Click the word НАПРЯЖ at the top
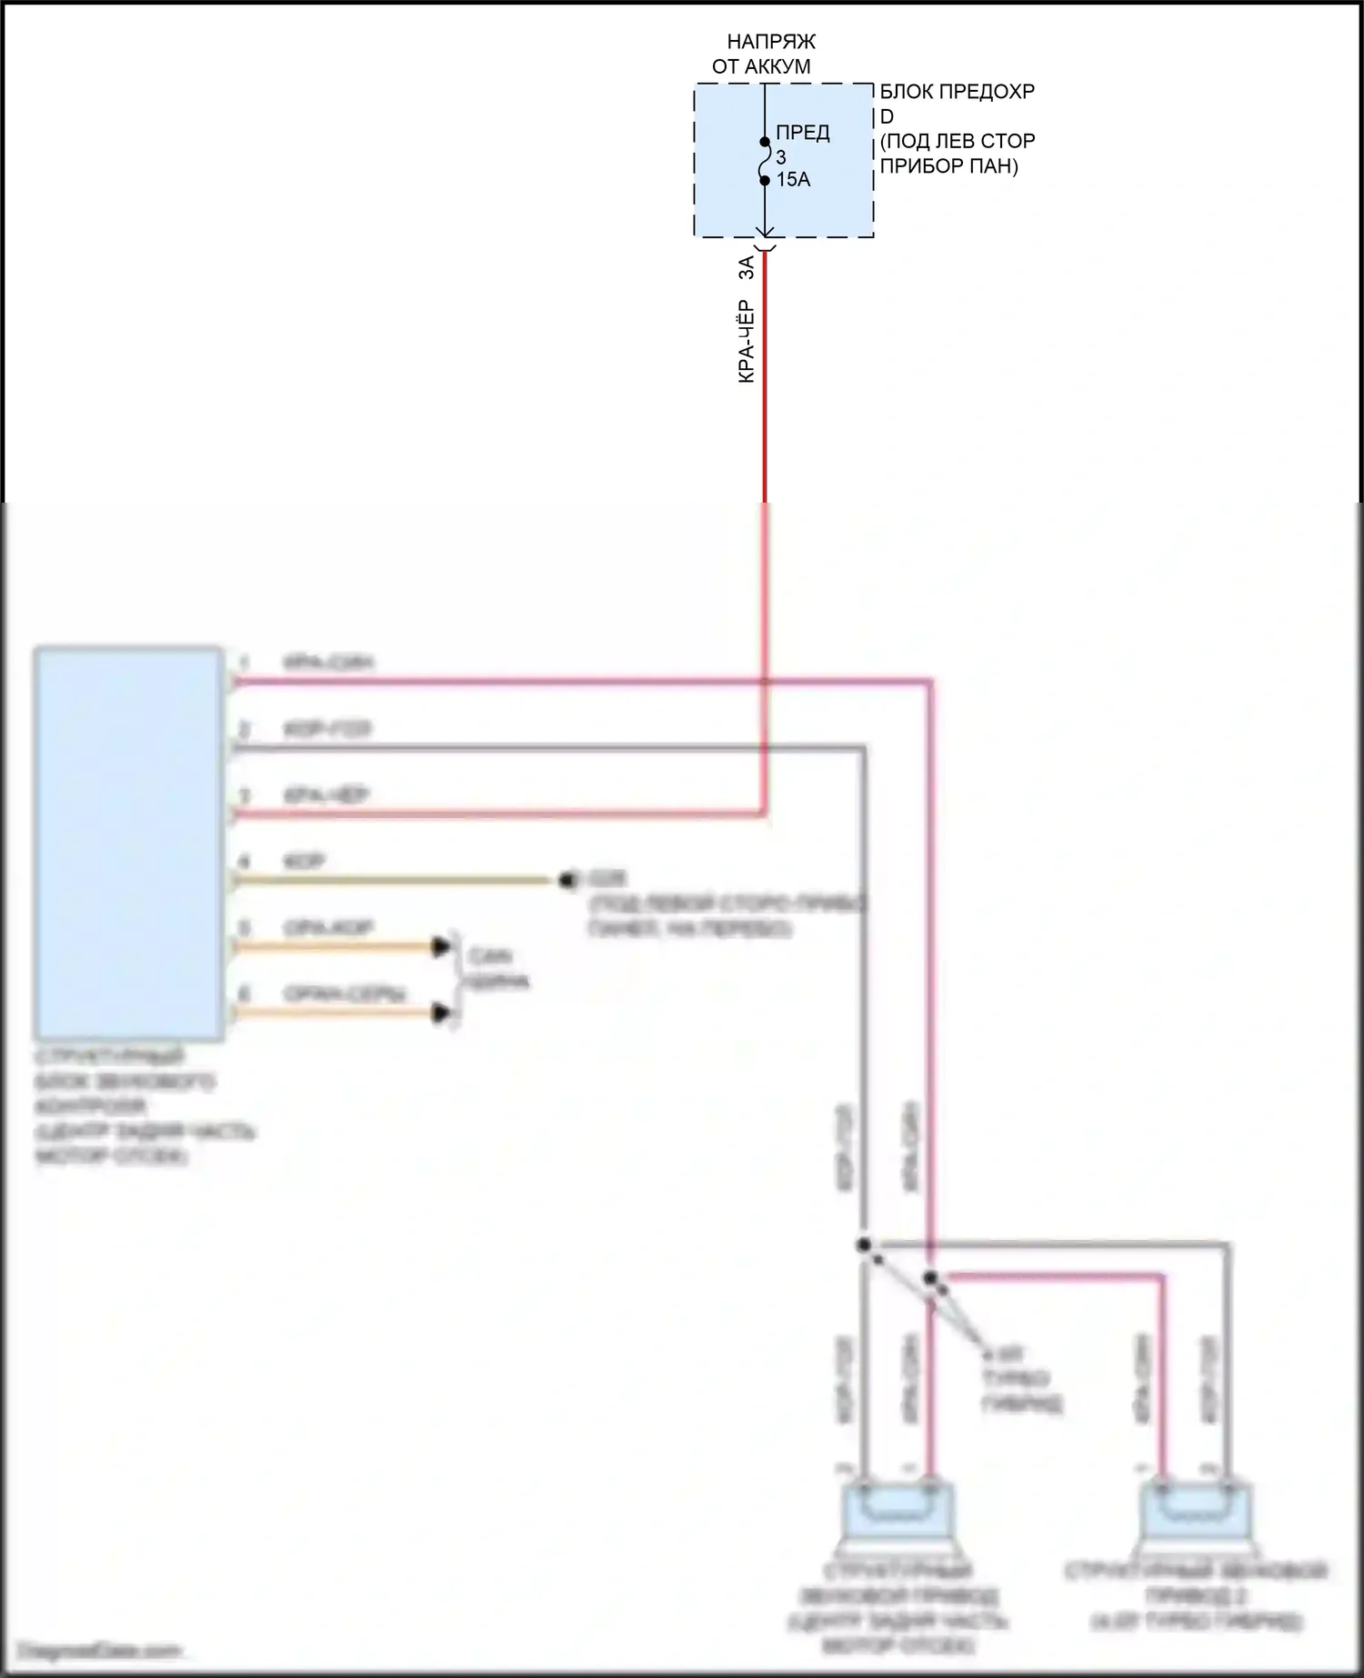tap(771, 42)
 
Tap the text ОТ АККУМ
tap(761, 66)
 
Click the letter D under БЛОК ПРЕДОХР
tap(887, 116)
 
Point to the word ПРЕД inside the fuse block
tap(803, 133)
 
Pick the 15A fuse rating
tap(793, 180)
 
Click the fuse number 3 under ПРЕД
tap(781, 157)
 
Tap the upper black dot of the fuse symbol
tap(765, 142)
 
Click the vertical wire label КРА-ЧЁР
tap(747, 341)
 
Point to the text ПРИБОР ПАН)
tap(949, 166)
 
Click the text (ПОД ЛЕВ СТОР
tap(958, 142)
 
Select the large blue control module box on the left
tap(129, 843)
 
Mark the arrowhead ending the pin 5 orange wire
tap(442, 947)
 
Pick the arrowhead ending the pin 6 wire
tap(442, 1013)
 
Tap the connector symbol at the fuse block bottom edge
tap(765, 244)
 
